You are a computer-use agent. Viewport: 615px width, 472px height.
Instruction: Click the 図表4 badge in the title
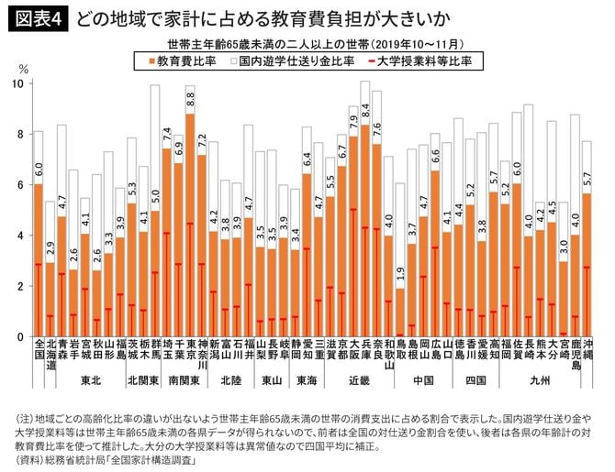(40, 17)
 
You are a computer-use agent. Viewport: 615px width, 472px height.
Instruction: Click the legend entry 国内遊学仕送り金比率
(294, 61)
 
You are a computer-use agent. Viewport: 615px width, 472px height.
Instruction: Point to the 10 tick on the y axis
(18, 83)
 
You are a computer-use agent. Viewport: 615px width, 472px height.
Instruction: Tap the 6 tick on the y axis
(20, 185)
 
